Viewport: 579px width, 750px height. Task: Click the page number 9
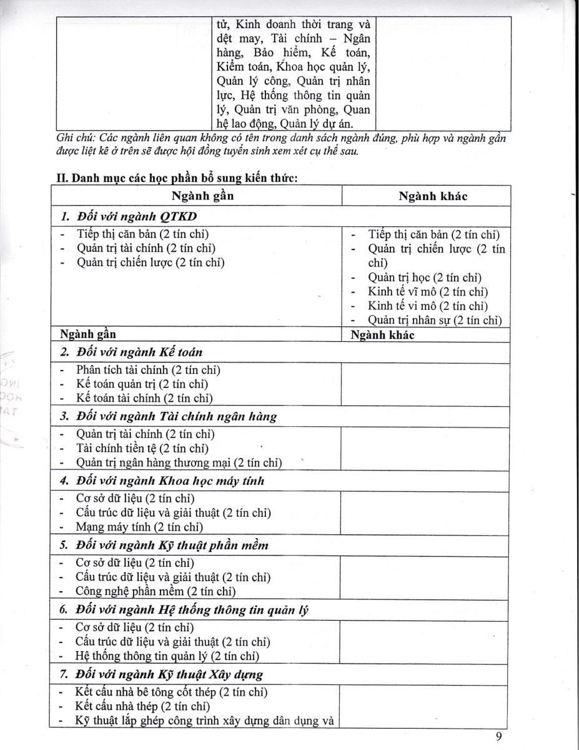coord(499,736)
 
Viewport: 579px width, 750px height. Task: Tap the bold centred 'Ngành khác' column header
coord(433,196)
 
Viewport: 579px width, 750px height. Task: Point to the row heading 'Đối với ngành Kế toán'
coord(139,352)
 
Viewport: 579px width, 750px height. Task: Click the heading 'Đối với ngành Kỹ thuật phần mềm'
coord(172,545)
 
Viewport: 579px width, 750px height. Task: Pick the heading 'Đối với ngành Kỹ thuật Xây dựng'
coord(169,674)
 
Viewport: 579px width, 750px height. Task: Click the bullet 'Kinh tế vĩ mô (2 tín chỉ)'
coord(428,292)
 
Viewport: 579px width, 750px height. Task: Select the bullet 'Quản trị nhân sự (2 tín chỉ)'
coord(435,321)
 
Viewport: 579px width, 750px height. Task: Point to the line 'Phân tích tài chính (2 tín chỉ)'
coord(148,370)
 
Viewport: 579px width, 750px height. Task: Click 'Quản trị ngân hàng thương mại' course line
coord(179,463)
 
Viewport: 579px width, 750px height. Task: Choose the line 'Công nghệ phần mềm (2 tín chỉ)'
coord(155,591)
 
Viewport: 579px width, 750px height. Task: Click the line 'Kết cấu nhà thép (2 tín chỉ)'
coord(142,706)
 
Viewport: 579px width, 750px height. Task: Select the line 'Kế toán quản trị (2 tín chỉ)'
coord(142,384)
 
